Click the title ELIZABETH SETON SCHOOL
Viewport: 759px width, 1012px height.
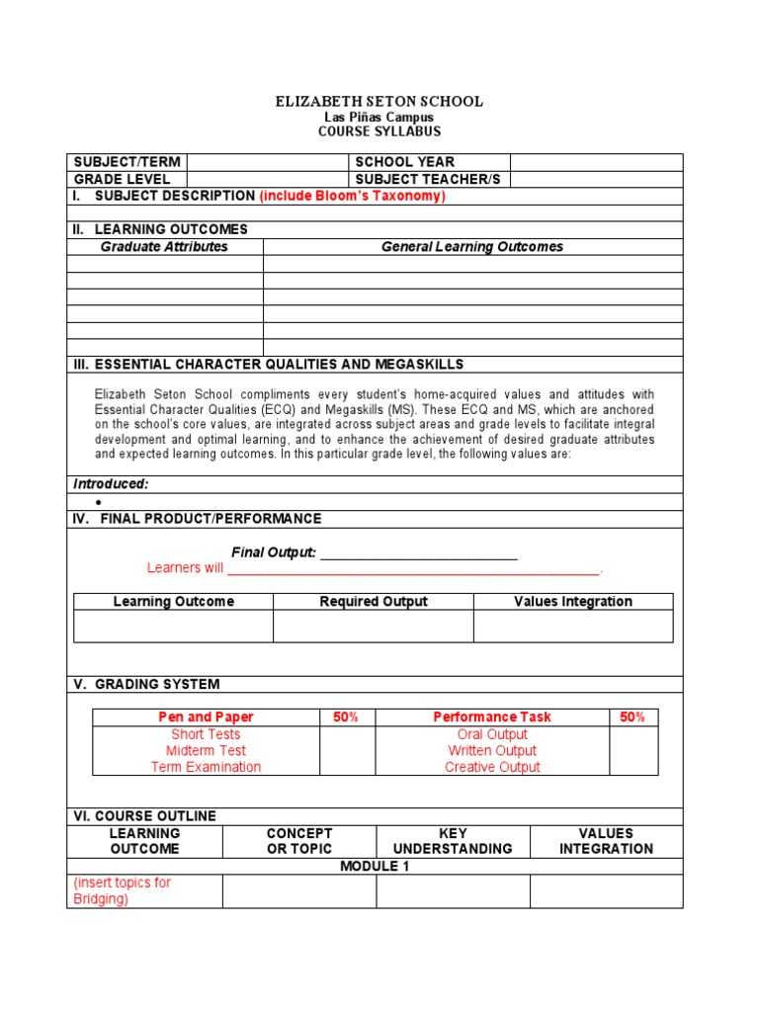tap(379, 102)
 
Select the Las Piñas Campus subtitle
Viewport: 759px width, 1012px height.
tap(379, 117)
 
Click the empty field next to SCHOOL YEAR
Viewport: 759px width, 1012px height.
tap(596, 162)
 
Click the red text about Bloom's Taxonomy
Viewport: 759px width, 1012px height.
tap(353, 196)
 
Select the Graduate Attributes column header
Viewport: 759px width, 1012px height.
tap(164, 247)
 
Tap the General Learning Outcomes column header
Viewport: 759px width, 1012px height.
tap(472, 247)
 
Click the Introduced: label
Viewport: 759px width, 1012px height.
tap(111, 484)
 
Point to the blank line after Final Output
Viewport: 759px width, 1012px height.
tap(419, 553)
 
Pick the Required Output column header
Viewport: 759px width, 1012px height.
tap(374, 602)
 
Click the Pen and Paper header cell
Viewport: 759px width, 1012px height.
tap(206, 717)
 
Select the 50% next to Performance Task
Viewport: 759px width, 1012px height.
tap(632, 717)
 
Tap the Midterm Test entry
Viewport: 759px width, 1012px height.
tap(206, 751)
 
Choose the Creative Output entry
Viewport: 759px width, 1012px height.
tap(492, 767)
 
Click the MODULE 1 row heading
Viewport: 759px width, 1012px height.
tap(375, 867)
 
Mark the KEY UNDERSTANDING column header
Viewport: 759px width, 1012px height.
tap(453, 841)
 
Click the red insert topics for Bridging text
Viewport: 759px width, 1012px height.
tap(122, 890)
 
